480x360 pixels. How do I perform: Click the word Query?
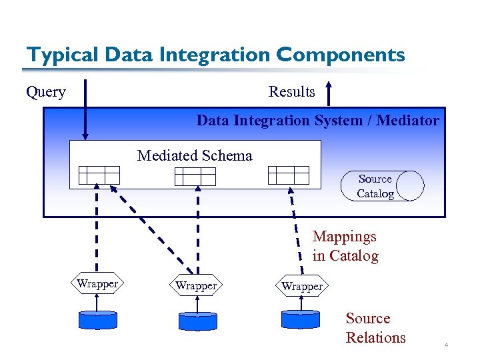click(x=45, y=92)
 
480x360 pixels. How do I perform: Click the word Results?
click(x=291, y=92)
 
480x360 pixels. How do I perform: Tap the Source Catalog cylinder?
click(x=382, y=186)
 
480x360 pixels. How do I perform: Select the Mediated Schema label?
click(x=195, y=156)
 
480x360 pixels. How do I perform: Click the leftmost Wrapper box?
click(x=97, y=284)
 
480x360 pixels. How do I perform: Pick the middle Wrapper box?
click(x=196, y=286)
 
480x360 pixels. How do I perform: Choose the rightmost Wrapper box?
click(x=302, y=286)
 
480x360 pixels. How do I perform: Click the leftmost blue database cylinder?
click(x=98, y=319)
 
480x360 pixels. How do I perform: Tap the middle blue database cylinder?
click(x=198, y=321)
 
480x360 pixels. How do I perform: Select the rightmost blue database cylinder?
click(x=301, y=319)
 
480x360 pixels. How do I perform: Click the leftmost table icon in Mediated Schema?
click(x=99, y=175)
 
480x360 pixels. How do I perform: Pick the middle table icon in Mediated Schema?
click(x=195, y=176)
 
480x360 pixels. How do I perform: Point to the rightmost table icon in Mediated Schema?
click(x=289, y=175)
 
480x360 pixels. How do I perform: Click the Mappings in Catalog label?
click(x=345, y=246)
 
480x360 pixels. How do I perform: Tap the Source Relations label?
click(x=375, y=328)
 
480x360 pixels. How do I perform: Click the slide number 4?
click(x=446, y=345)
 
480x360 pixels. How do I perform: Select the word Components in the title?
click(x=351, y=55)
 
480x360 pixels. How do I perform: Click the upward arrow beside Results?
click(x=329, y=93)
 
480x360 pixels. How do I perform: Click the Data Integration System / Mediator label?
click(x=317, y=121)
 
